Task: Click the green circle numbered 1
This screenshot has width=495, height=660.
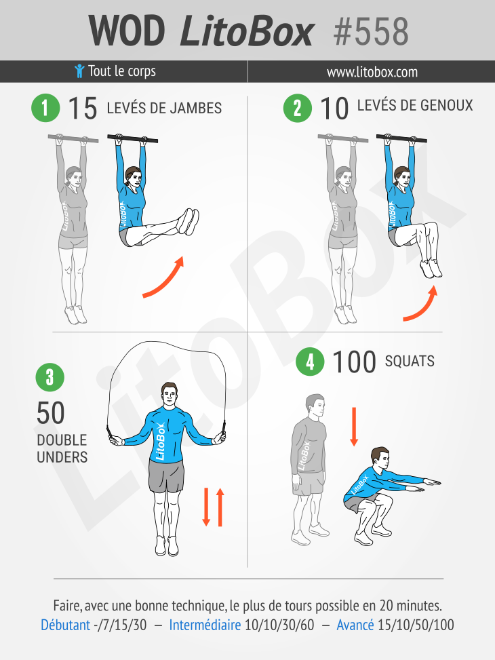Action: coord(45,108)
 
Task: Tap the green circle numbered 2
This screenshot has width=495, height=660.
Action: coord(297,108)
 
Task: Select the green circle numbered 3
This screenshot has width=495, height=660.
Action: coord(50,377)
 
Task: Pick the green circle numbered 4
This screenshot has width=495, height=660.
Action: coord(310,362)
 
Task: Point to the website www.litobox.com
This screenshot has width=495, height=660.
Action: coord(372,72)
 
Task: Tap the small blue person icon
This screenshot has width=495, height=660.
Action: coord(79,71)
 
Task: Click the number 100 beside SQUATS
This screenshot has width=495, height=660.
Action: coord(353,362)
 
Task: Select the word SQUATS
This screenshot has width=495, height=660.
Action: coord(410,361)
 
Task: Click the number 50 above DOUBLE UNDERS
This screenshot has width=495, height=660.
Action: coord(50,413)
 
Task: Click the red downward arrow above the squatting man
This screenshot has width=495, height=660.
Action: coord(354,427)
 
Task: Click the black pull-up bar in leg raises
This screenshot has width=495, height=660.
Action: coord(133,138)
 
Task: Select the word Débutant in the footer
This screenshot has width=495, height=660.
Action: coord(66,625)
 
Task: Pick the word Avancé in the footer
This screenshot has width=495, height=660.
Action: coord(355,625)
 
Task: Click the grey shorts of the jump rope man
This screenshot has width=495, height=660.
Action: coord(166,475)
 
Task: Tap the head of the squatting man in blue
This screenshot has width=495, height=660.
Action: coord(380,459)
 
